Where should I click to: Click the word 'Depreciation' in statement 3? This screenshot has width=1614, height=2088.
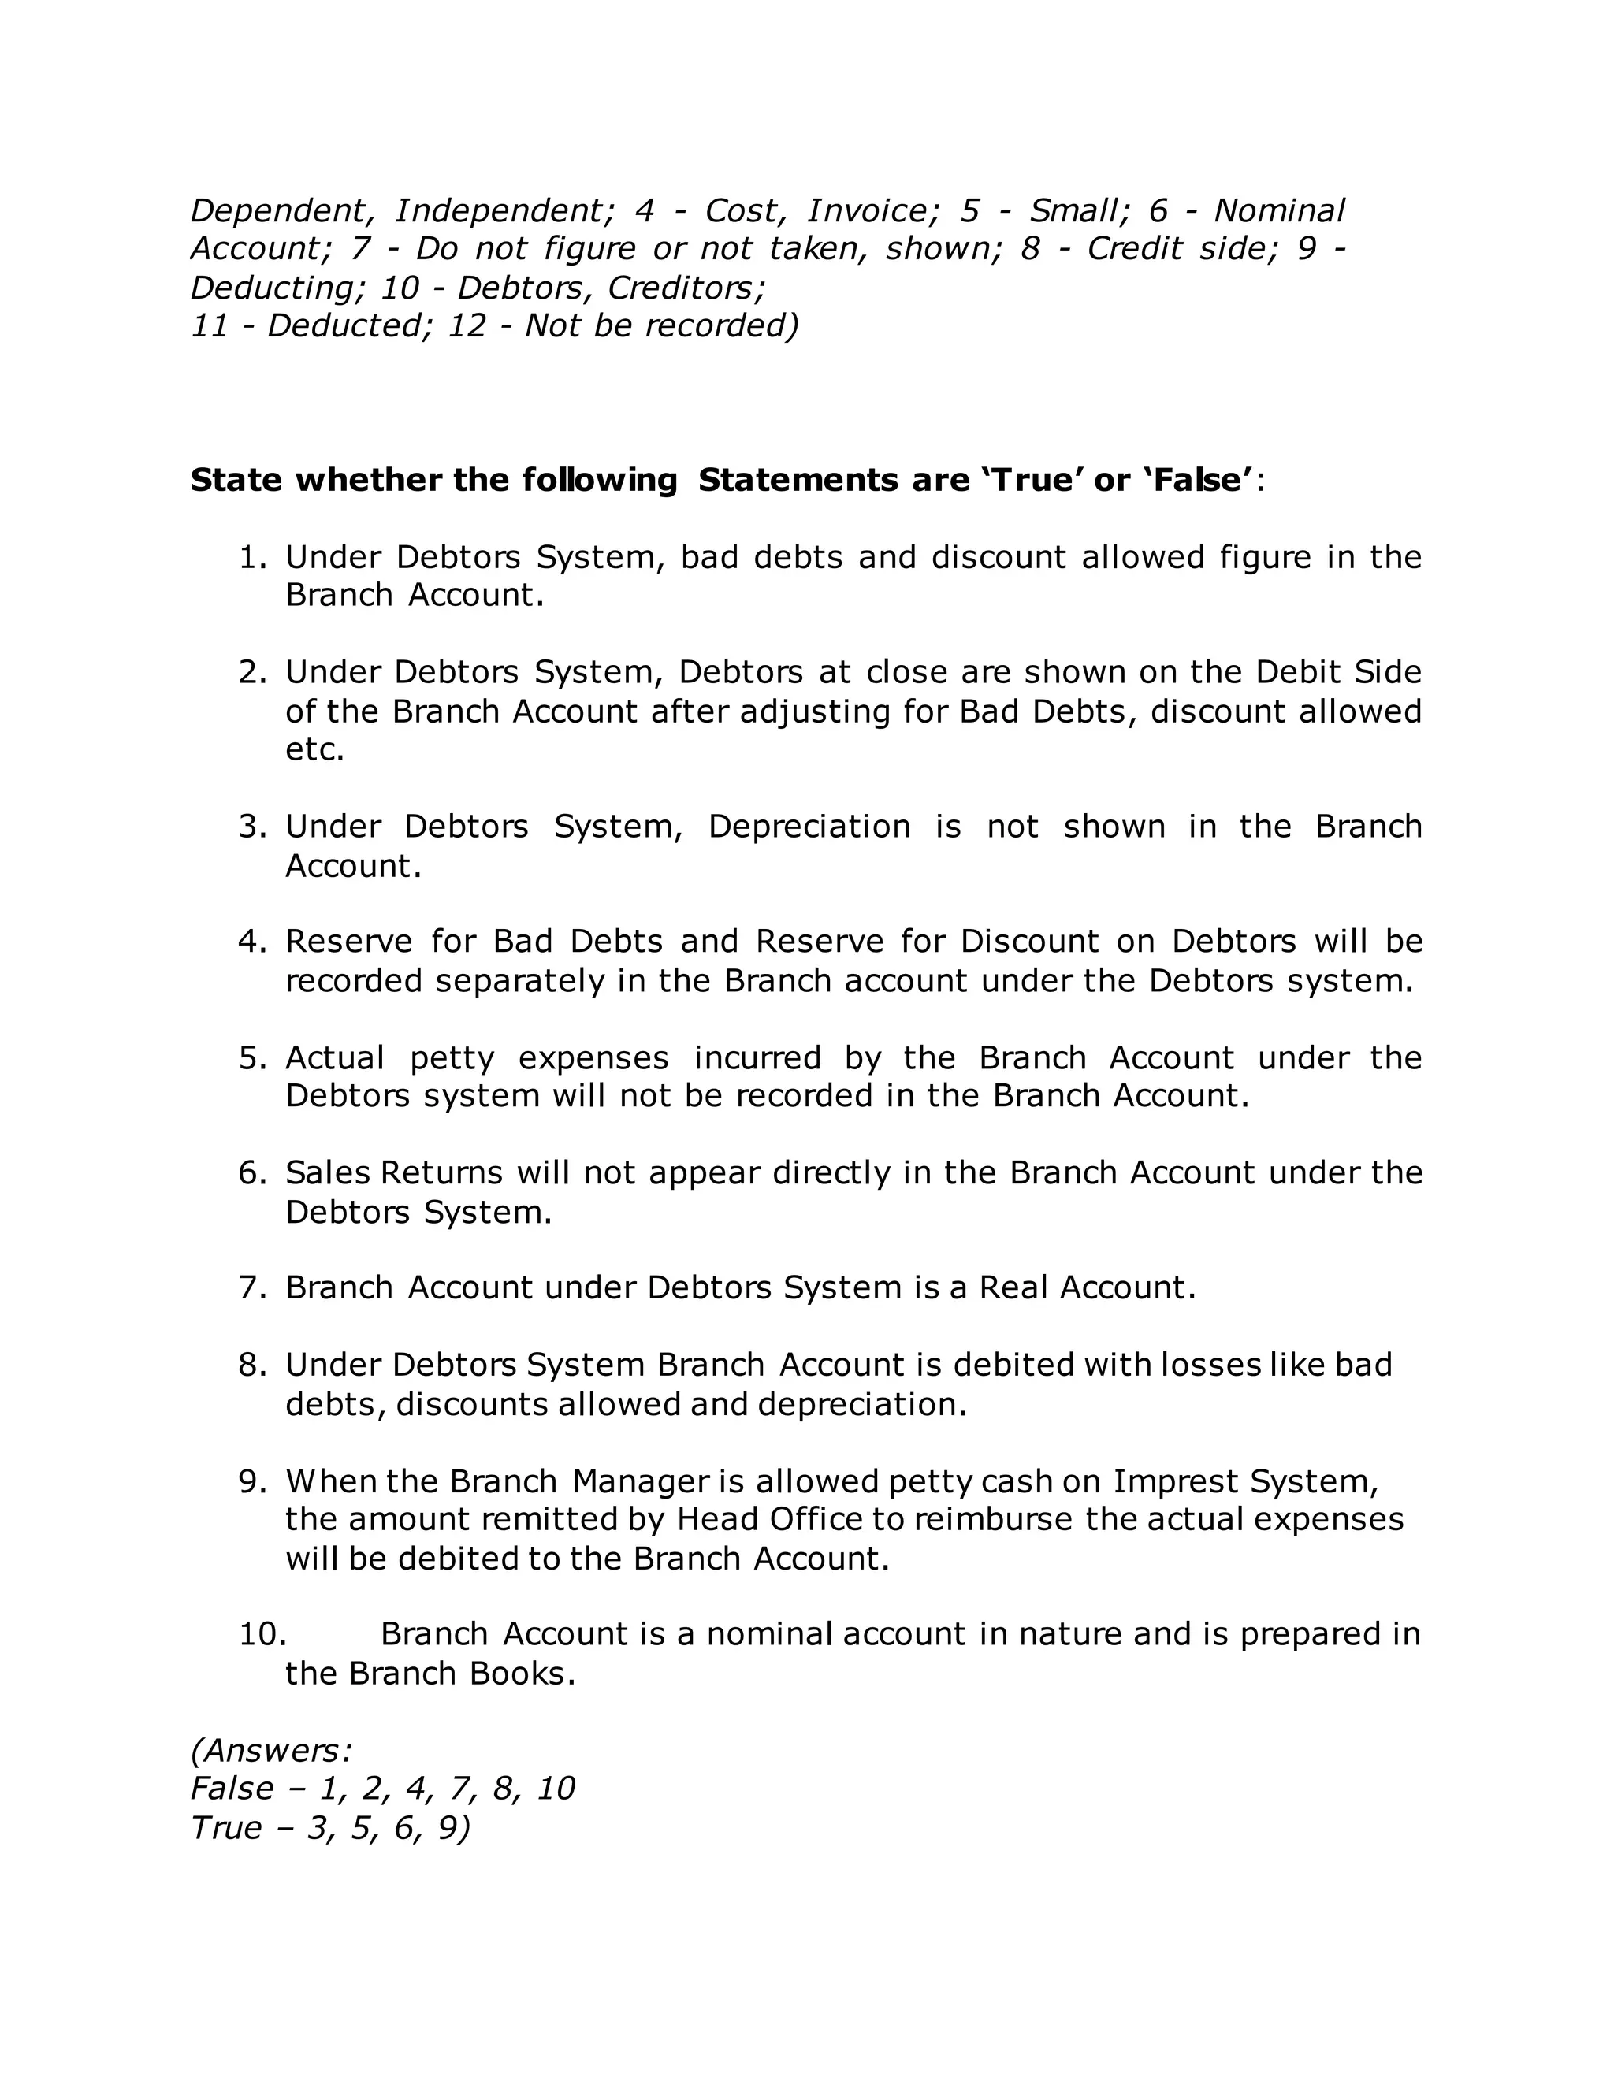809,826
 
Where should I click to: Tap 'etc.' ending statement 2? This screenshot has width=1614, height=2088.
314,749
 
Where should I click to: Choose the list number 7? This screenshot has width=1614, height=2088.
251,1287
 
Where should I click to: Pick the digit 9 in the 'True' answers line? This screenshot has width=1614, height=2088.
448,1828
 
